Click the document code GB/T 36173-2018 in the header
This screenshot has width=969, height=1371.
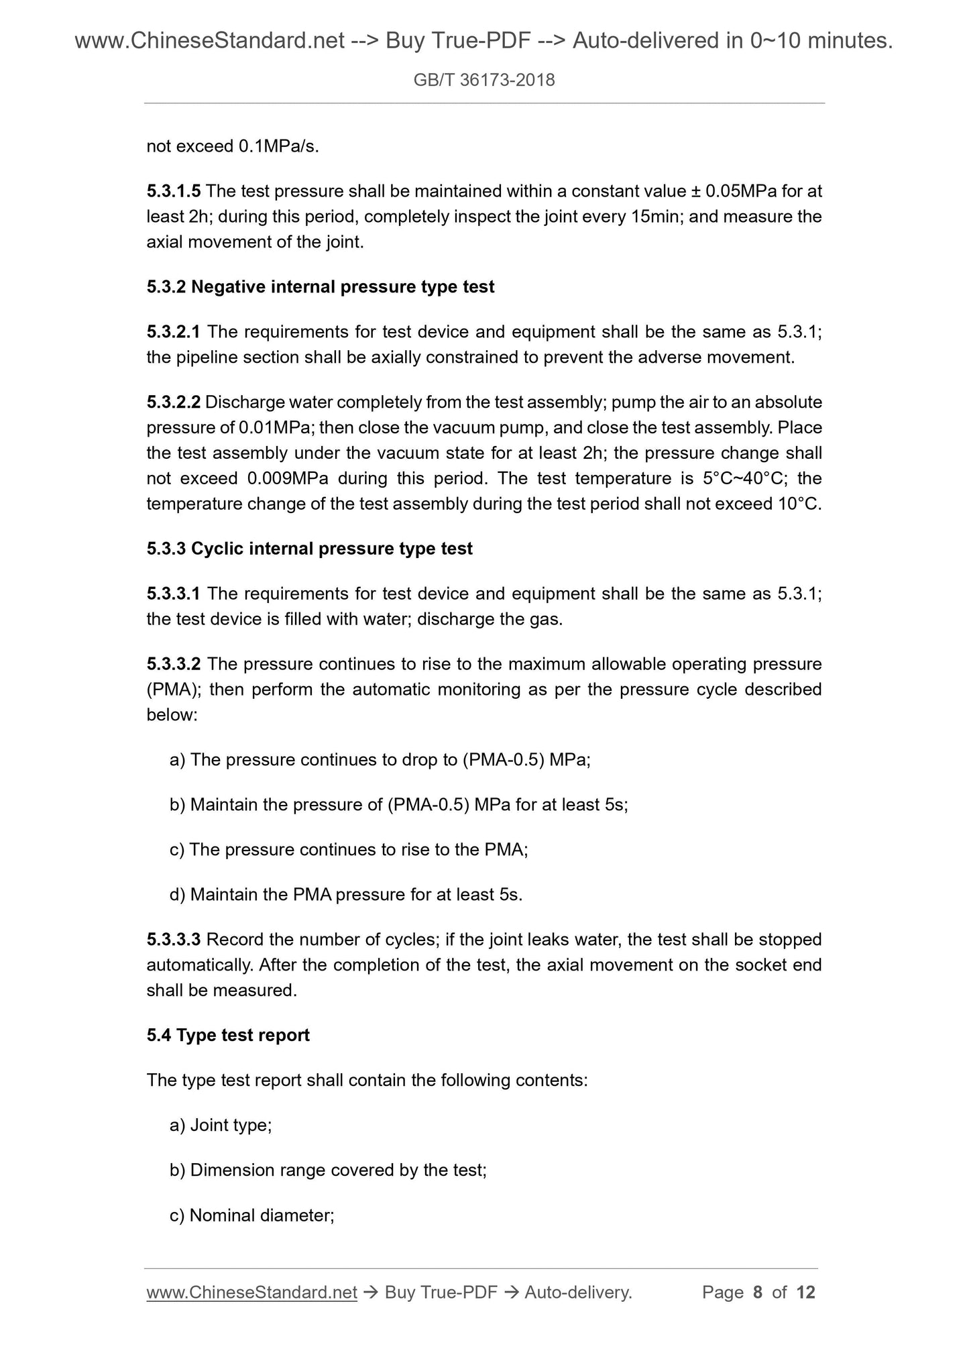[484, 80]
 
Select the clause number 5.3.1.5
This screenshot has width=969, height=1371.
[173, 192]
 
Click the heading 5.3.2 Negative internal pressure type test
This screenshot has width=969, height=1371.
[320, 287]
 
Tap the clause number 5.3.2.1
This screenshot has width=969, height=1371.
[173, 332]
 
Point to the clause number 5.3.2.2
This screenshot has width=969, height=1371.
[173, 402]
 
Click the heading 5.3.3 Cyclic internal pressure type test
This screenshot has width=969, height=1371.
[309, 549]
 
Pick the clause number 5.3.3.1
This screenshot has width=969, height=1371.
[173, 594]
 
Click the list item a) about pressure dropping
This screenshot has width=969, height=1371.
[380, 760]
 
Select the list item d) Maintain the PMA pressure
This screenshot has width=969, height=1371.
[345, 894]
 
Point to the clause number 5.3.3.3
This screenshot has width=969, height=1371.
[173, 940]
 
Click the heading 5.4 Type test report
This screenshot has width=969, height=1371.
[228, 1035]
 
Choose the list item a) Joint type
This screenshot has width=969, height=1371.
[221, 1125]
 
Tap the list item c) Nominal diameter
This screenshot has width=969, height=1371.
[252, 1215]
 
